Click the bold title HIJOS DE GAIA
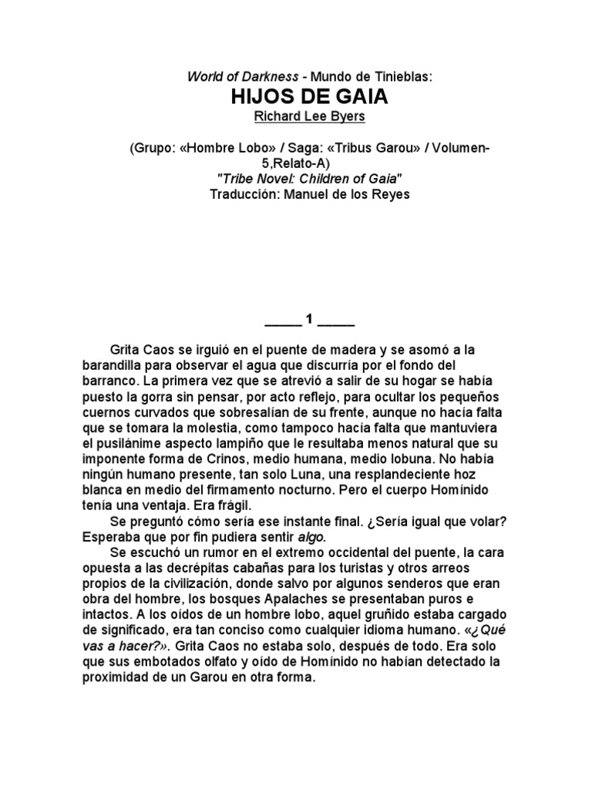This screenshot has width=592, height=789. tap(295, 97)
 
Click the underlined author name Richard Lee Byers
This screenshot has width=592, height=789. tap(295, 116)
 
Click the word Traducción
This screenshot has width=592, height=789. tap(244, 194)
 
